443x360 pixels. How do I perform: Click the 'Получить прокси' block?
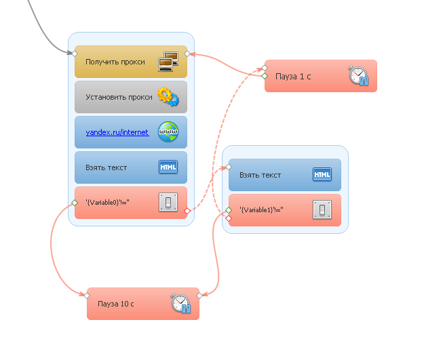click(115, 62)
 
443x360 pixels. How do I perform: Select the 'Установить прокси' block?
click(119, 97)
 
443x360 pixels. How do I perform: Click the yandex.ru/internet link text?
click(117, 132)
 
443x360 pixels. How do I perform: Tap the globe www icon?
click(168, 132)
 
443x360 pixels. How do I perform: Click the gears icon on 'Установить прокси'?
click(168, 97)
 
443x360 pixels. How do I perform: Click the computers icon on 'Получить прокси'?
click(168, 62)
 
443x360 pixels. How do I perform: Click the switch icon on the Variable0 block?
click(168, 202)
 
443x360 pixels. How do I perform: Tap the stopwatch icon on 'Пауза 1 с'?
click(358, 76)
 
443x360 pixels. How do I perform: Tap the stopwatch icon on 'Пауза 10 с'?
click(180, 303)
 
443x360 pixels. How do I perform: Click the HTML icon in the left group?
click(168, 167)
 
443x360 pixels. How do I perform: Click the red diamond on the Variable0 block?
click(187, 211)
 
